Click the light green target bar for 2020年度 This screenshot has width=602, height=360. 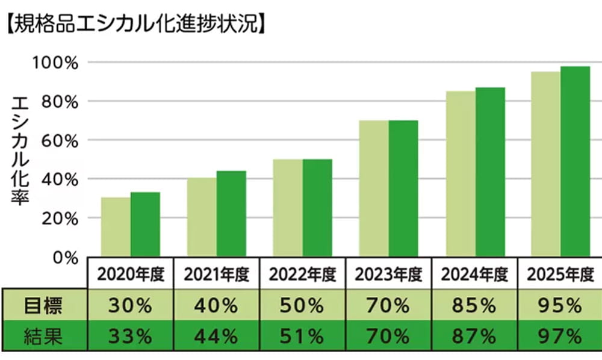coord(116,227)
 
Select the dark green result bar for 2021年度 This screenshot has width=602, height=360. coord(231,214)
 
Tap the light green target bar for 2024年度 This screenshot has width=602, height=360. coord(461,174)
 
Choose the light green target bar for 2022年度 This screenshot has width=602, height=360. coord(288,208)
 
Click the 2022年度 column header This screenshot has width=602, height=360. coord(302,275)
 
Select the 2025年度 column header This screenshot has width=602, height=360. coord(560,275)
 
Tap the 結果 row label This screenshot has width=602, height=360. coord(44,335)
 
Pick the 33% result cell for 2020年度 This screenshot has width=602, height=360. coord(130,335)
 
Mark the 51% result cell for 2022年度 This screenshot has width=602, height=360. coord(302,335)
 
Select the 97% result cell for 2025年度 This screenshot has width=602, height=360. coord(560,335)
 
